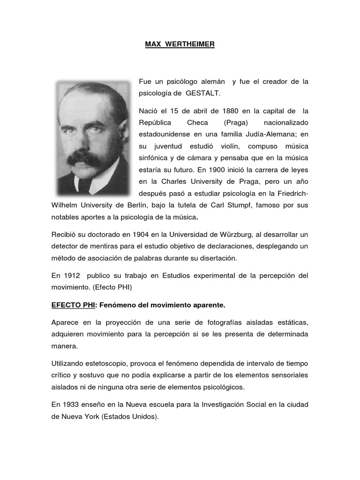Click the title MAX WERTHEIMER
click(x=179, y=45)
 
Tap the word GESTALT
click(x=202, y=93)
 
